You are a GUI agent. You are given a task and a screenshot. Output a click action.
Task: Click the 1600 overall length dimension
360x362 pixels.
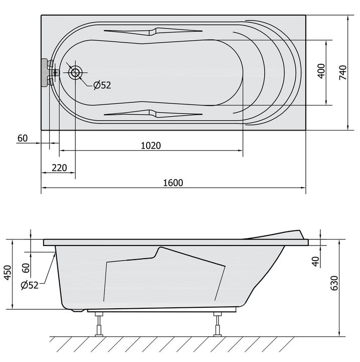tap(173, 183)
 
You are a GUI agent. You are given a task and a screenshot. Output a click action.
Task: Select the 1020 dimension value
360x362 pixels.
tap(151, 146)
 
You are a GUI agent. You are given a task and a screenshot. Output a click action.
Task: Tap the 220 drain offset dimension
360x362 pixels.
tap(59, 168)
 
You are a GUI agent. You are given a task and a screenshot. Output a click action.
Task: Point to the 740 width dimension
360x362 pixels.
tap(343, 72)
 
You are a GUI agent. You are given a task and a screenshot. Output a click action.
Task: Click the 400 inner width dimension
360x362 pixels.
tap(321, 71)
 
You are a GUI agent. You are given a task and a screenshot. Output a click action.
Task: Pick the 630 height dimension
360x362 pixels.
tap(334, 283)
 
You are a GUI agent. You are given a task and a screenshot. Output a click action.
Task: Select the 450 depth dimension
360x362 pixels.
tap(8, 273)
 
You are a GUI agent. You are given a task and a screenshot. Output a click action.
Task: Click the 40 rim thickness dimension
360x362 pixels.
tap(315, 262)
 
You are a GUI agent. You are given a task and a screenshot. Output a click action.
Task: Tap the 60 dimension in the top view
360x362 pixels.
tap(23, 138)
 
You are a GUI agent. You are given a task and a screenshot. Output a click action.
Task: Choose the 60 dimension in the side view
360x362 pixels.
tap(26, 268)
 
